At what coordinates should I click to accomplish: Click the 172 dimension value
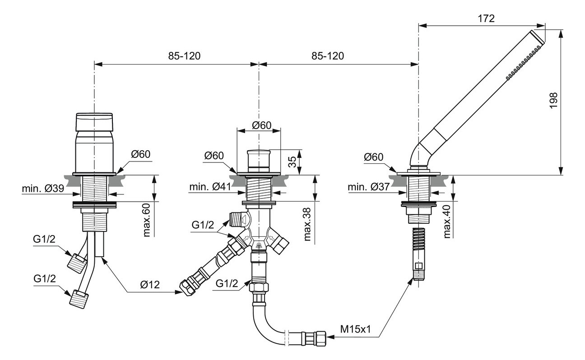(x=485, y=18)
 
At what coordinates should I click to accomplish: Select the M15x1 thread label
(x=355, y=329)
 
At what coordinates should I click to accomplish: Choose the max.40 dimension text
(x=447, y=221)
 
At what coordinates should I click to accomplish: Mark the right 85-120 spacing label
(x=327, y=56)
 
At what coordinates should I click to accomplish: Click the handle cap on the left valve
(x=94, y=122)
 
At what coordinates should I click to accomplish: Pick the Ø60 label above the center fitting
(x=259, y=125)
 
